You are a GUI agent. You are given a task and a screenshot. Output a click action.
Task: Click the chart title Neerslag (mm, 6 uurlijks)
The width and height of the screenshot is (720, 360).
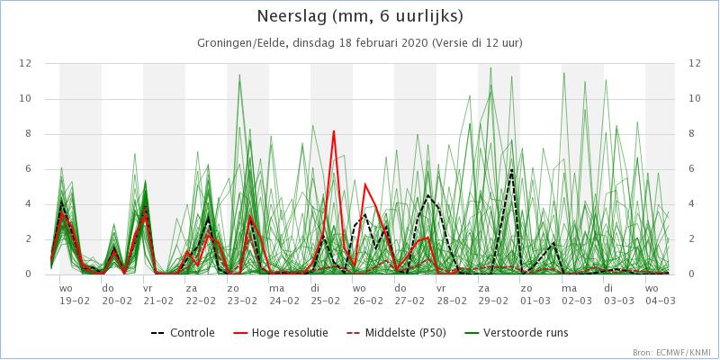(360, 17)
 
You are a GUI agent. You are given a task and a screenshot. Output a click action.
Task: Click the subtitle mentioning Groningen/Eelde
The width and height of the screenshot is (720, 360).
(360, 42)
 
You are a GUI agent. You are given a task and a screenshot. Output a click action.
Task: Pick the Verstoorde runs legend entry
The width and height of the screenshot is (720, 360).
(523, 332)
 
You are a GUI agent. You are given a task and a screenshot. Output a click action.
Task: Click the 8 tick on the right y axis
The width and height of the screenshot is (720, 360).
(694, 133)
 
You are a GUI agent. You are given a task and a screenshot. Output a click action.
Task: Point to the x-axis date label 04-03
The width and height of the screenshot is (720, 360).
(657, 301)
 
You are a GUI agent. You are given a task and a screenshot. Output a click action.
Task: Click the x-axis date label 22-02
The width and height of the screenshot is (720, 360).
(201, 301)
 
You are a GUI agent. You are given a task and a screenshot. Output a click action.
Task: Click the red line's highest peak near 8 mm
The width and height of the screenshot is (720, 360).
(334, 131)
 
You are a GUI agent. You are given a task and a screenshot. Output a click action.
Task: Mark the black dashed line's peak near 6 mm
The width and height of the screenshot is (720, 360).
(511, 168)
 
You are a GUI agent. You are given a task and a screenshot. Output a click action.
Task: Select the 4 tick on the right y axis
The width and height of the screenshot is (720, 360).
(694, 203)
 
